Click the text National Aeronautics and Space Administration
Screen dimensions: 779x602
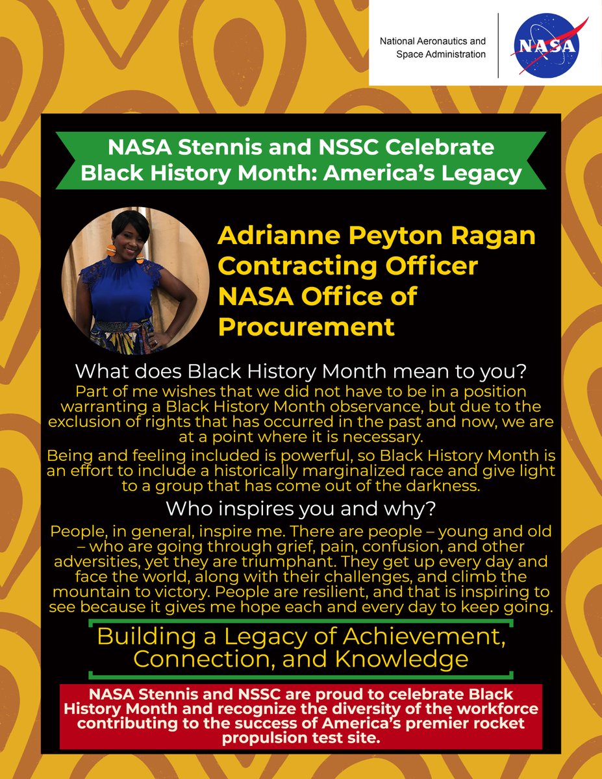[433, 48]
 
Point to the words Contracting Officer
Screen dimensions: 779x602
[348, 266]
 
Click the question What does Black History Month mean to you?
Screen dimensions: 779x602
[300, 373]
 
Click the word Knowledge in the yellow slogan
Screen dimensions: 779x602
[402, 659]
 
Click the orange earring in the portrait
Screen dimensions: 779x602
[110, 250]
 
